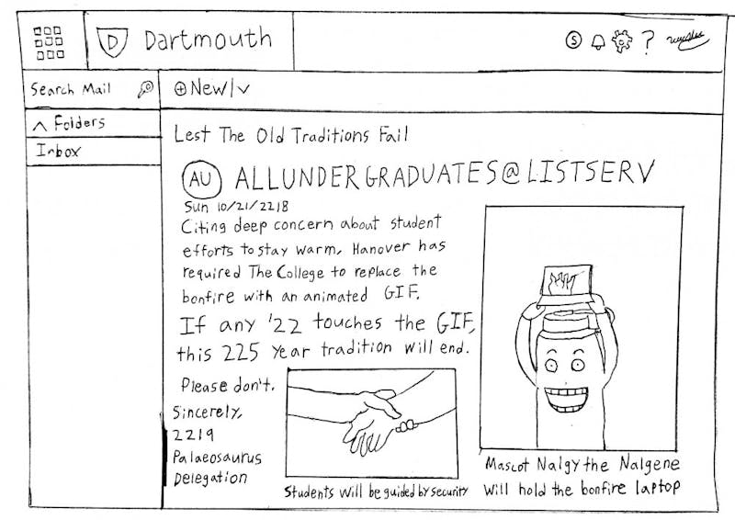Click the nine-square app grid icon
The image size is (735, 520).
click(49, 42)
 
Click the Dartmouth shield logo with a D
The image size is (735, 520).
click(112, 41)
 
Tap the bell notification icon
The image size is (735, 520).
click(598, 41)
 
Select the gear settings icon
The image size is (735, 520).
click(622, 41)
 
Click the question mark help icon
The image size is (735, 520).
click(648, 42)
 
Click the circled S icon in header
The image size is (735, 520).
click(573, 40)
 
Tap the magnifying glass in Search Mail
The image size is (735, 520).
click(145, 88)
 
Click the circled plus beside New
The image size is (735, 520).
click(180, 88)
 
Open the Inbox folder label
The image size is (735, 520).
click(59, 151)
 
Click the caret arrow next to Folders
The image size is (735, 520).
click(40, 126)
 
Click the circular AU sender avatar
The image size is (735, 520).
click(201, 179)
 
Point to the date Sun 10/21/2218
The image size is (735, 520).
click(236, 207)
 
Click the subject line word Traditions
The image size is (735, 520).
click(331, 136)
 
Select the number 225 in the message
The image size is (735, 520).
click(241, 352)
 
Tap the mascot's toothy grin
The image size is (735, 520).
click(566, 398)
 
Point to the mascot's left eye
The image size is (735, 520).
click(550, 364)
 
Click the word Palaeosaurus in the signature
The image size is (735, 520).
click(217, 458)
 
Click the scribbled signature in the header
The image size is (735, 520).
click(687, 41)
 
